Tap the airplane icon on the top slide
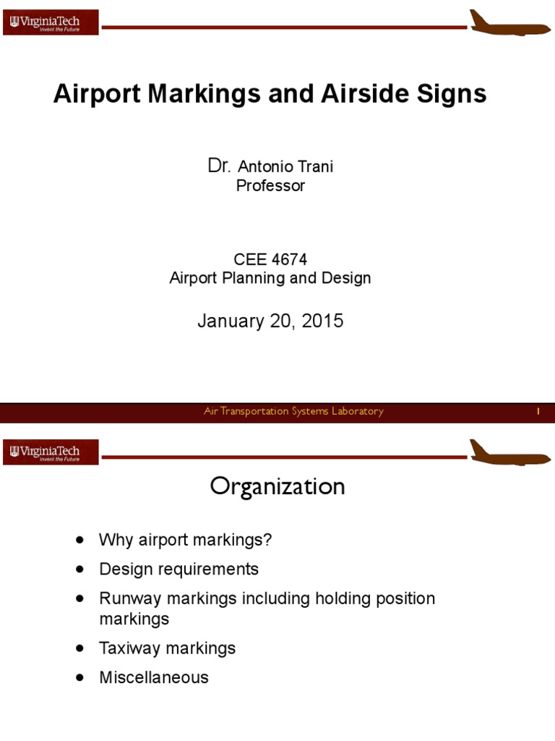[x=509, y=23]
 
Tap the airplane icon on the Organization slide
[x=509, y=453]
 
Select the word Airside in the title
[x=348, y=95]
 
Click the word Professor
[x=271, y=186]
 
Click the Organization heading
[x=277, y=487]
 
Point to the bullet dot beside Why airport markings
[x=79, y=540]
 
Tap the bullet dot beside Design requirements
[x=79, y=569]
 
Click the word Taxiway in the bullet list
[x=130, y=648]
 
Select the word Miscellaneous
[x=154, y=677]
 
